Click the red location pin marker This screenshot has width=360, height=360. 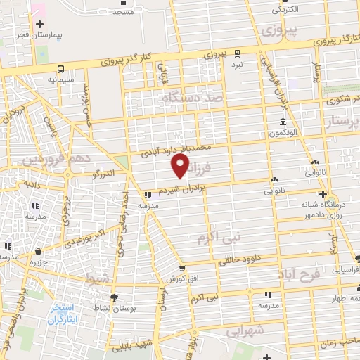tap(181, 165)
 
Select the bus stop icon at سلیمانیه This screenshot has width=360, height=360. tap(60, 69)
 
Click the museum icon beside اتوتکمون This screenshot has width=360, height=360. tap(272, 123)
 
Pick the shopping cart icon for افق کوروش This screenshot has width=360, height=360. tap(181, 268)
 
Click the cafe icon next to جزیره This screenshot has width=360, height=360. tap(37, 251)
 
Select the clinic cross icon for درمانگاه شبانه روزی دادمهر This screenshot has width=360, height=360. tap(322, 193)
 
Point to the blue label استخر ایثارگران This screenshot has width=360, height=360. tap(65, 314)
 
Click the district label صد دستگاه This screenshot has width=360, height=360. tap(191, 100)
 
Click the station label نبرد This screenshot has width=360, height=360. tap(238, 63)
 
